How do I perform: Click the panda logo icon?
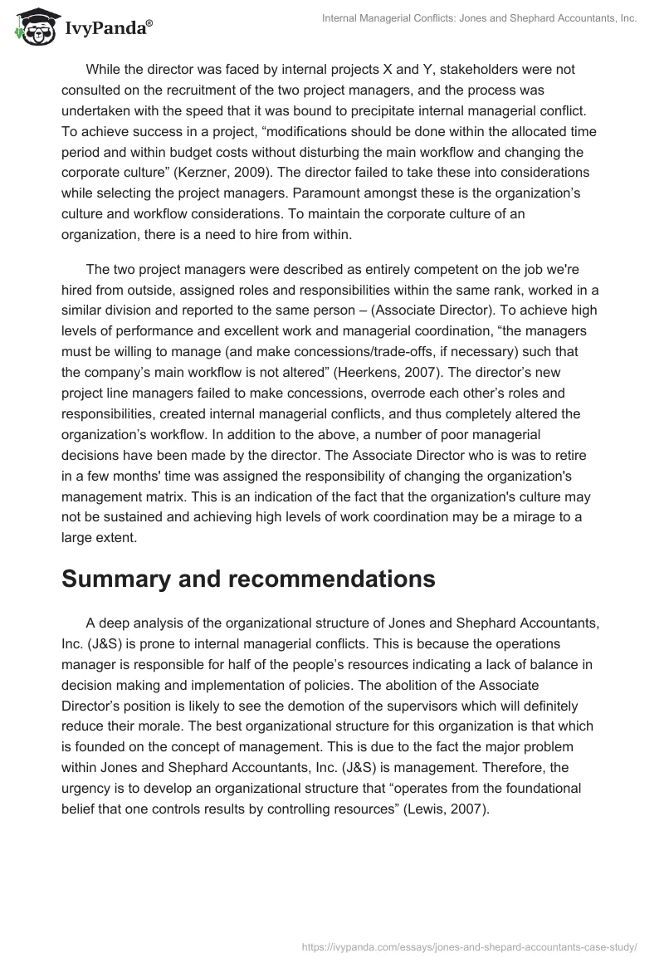pos(31,27)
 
